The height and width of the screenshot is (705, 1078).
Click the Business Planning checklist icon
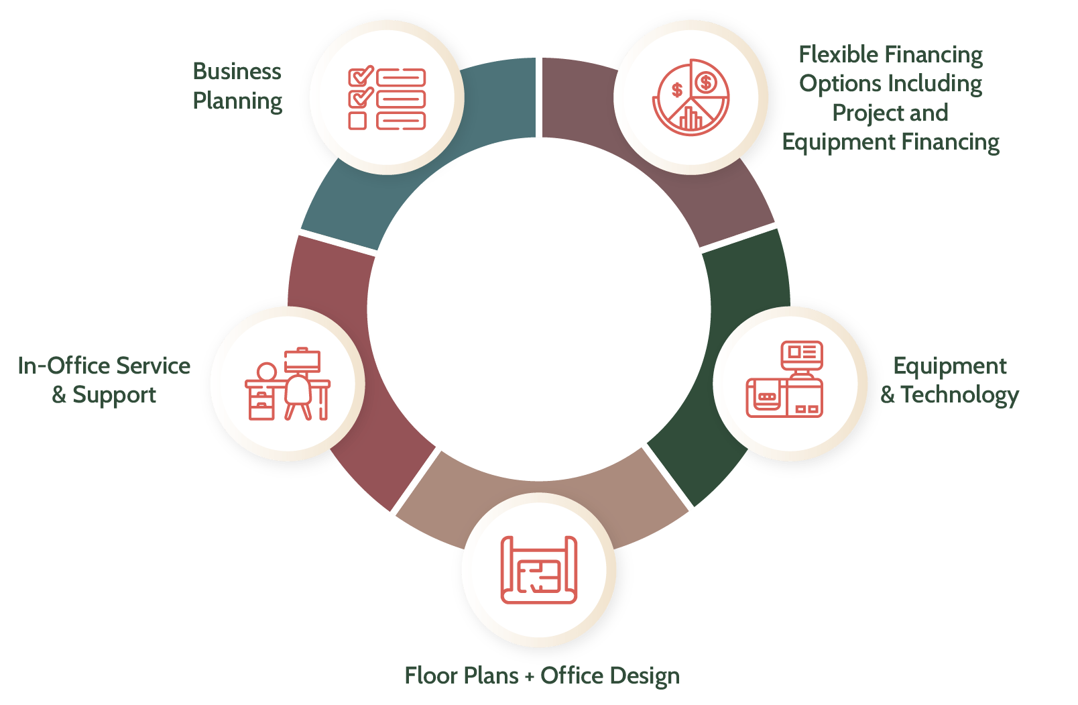tap(387, 99)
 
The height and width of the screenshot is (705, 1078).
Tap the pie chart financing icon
tap(691, 97)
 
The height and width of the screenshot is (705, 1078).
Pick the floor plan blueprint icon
tap(539, 570)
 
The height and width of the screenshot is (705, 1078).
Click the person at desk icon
tap(288, 384)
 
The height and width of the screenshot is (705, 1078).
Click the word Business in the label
tap(237, 71)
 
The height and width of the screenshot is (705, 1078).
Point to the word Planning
tap(237, 101)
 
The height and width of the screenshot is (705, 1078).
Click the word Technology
tap(959, 395)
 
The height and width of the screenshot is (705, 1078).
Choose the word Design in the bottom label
tap(644, 675)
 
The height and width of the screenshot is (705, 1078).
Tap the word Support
tap(114, 395)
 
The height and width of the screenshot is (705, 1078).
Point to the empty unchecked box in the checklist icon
tap(357, 121)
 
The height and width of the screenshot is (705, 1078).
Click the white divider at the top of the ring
tap(539, 97)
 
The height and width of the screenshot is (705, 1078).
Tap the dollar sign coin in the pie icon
tap(705, 83)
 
